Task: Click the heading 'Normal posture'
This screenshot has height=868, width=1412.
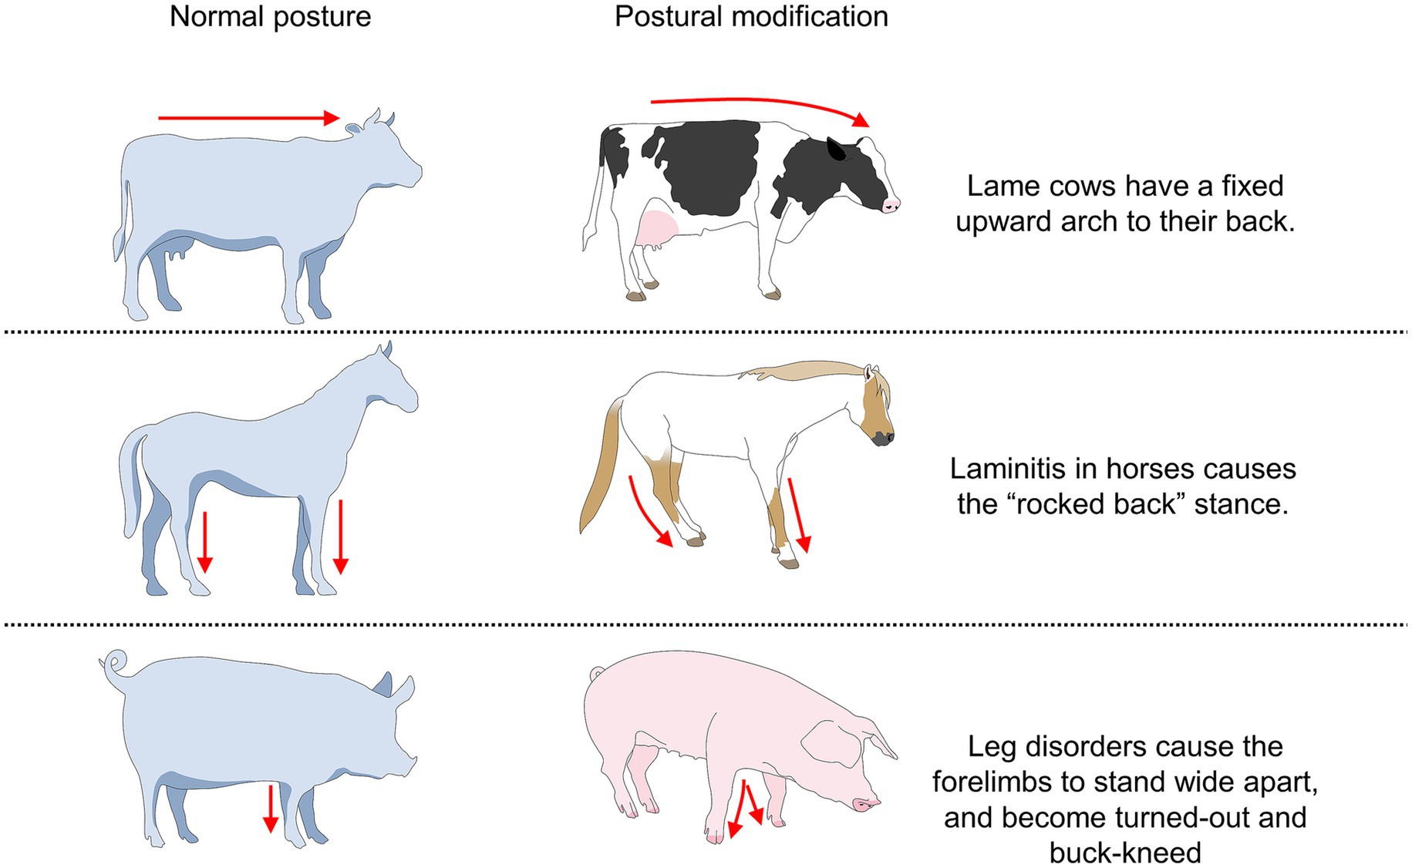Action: (x=270, y=17)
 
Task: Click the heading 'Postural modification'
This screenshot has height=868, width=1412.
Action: (x=751, y=17)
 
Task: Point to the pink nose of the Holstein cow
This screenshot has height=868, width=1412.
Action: (x=891, y=205)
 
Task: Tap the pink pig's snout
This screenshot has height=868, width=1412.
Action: (x=867, y=804)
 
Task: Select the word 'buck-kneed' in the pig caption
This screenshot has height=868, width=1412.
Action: (x=1125, y=853)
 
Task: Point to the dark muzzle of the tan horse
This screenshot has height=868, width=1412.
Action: (x=883, y=438)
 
